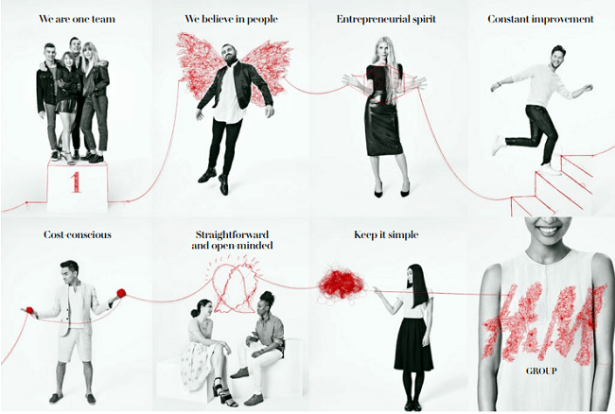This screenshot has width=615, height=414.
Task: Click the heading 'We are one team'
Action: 77,19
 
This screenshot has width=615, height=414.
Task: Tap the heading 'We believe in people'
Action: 231,19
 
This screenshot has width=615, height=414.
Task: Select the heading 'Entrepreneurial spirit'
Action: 386,19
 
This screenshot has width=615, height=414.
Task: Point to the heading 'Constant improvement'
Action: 540,19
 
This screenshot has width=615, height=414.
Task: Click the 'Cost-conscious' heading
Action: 78,234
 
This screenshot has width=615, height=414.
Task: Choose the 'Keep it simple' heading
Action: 386,234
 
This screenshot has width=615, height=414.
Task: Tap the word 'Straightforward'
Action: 232,234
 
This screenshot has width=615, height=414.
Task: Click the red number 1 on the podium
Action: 76,181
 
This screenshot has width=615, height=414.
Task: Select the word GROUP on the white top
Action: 541,371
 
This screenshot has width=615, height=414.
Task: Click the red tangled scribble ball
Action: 341,284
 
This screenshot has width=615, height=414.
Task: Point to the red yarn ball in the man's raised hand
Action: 121,293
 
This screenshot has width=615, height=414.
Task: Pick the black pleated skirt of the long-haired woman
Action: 413,344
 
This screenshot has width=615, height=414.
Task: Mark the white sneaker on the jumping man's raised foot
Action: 498,145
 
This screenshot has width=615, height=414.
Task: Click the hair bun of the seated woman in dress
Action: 195,313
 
